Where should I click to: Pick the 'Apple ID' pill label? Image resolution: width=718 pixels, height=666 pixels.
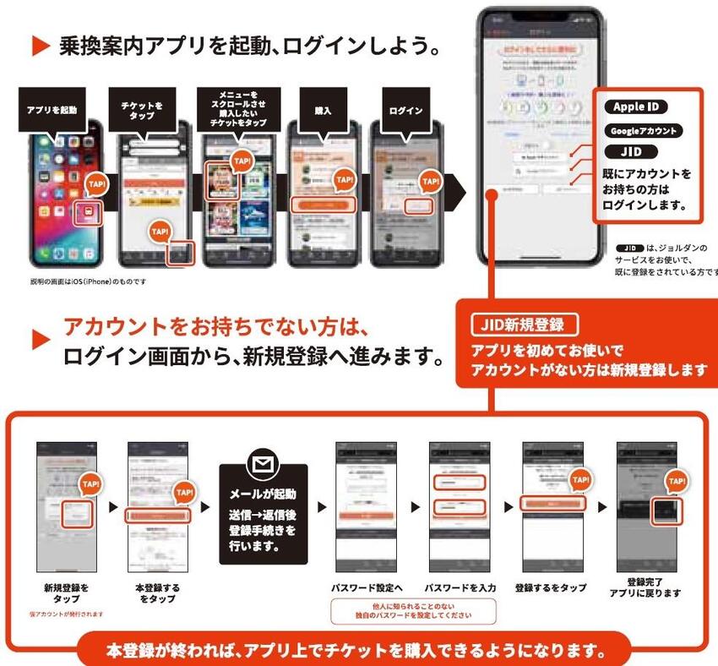coord(636,107)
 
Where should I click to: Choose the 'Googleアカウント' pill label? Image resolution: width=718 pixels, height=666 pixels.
coord(644,131)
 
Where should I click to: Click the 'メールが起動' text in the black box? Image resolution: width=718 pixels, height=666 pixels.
coord(264,494)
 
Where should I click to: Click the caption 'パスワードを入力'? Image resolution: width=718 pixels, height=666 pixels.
coord(460,587)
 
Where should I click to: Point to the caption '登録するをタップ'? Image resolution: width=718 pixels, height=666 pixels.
coord(553,587)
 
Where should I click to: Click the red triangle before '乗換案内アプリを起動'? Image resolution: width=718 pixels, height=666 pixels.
coord(41,46)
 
